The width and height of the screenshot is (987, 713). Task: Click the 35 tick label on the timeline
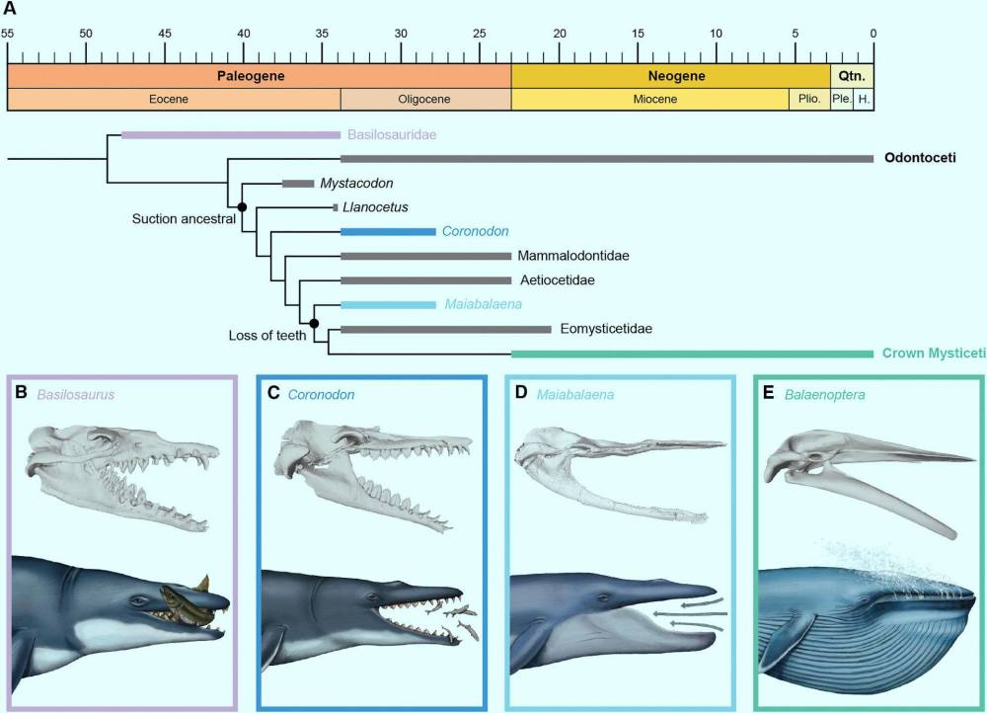(x=322, y=34)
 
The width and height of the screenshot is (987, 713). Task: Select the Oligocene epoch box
(x=425, y=100)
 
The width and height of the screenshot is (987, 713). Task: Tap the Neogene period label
(x=677, y=76)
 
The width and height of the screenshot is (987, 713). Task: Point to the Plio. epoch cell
(x=809, y=100)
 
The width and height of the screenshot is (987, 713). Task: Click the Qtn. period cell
(x=852, y=76)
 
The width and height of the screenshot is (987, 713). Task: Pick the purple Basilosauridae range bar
(x=231, y=134)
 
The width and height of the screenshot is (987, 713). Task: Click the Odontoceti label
(x=920, y=158)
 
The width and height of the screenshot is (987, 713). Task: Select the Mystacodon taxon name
(x=356, y=184)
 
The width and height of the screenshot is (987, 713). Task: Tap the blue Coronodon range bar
(x=388, y=232)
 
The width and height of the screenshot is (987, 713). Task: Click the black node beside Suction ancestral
(x=242, y=206)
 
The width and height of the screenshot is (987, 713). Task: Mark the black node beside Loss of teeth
(x=314, y=324)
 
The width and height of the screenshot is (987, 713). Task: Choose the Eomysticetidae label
(x=606, y=329)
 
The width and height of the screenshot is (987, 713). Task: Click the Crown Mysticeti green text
(x=934, y=354)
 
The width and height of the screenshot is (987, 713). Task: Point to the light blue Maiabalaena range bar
(x=388, y=305)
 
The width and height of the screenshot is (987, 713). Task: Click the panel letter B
(x=22, y=393)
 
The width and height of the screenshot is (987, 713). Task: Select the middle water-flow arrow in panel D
(x=691, y=613)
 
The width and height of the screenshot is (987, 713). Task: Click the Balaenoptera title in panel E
(x=824, y=395)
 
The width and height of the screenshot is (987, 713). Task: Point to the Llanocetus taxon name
(x=375, y=207)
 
